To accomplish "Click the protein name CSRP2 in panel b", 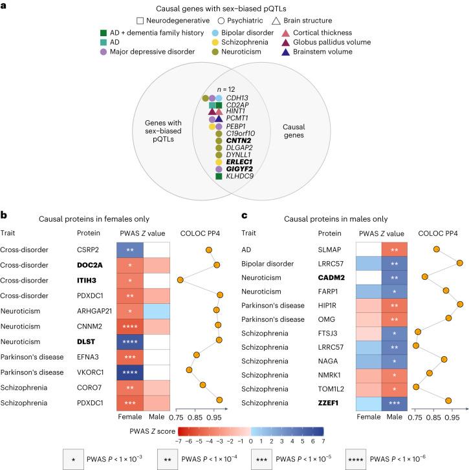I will [89, 249].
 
